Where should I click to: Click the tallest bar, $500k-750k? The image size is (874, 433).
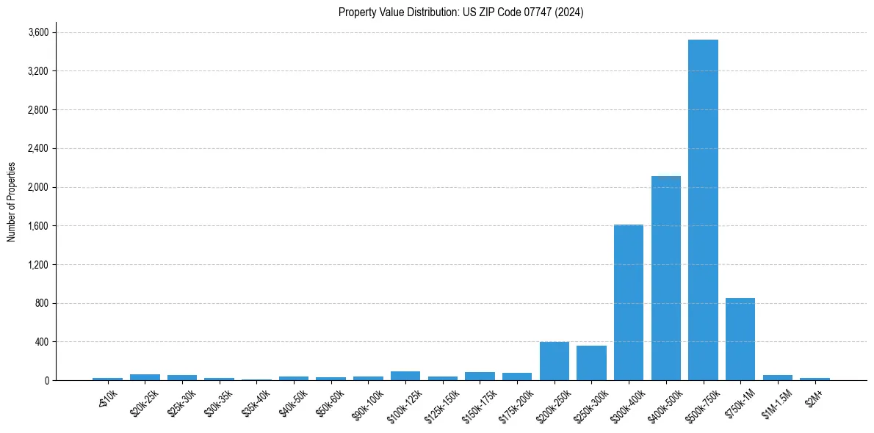click(703, 210)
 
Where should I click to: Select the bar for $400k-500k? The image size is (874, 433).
click(665, 278)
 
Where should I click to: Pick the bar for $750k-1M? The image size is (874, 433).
click(740, 339)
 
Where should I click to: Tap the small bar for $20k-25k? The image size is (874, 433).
click(145, 377)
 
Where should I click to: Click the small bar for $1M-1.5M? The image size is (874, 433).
click(777, 377)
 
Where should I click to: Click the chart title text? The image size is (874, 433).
click(461, 12)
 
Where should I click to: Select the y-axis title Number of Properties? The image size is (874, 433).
click(12, 202)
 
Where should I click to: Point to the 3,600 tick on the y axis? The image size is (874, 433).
click(38, 32)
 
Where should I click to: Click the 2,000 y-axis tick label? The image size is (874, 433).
click(38, 187)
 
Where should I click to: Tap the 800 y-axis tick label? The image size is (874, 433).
click(42, 303)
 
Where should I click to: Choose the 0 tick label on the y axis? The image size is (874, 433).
click(46, 380)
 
